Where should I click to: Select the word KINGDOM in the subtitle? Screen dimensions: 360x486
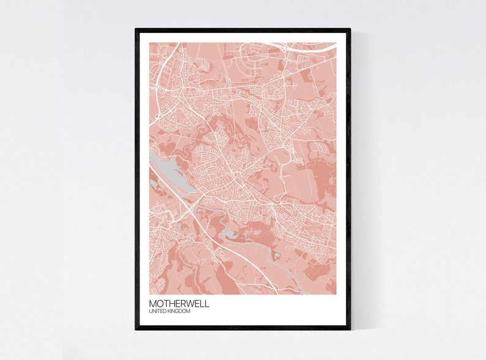180,312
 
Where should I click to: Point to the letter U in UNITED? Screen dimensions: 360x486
151,312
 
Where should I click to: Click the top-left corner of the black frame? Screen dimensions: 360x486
136,29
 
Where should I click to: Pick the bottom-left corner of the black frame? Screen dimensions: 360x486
136,329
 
